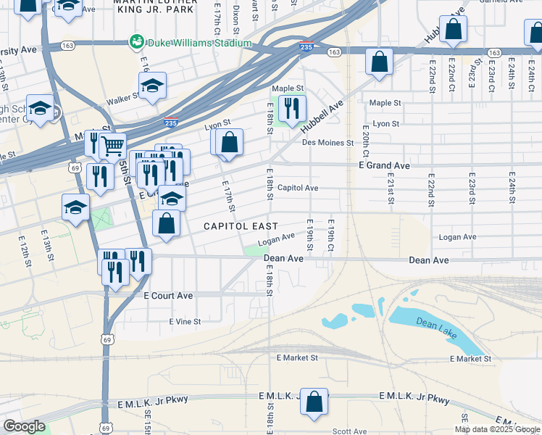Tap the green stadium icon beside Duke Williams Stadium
(135, 43)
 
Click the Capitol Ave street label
(298, 188)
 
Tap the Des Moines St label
(327, 142)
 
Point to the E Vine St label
(185, 320)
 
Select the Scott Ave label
(349, 431)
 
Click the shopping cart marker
(113, 146)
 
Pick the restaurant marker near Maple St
(292, 109)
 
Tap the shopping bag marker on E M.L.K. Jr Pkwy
(314, 402)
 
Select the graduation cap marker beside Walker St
(152, 86)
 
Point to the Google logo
(24, 426)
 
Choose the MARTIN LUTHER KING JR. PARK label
(154, 8)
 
